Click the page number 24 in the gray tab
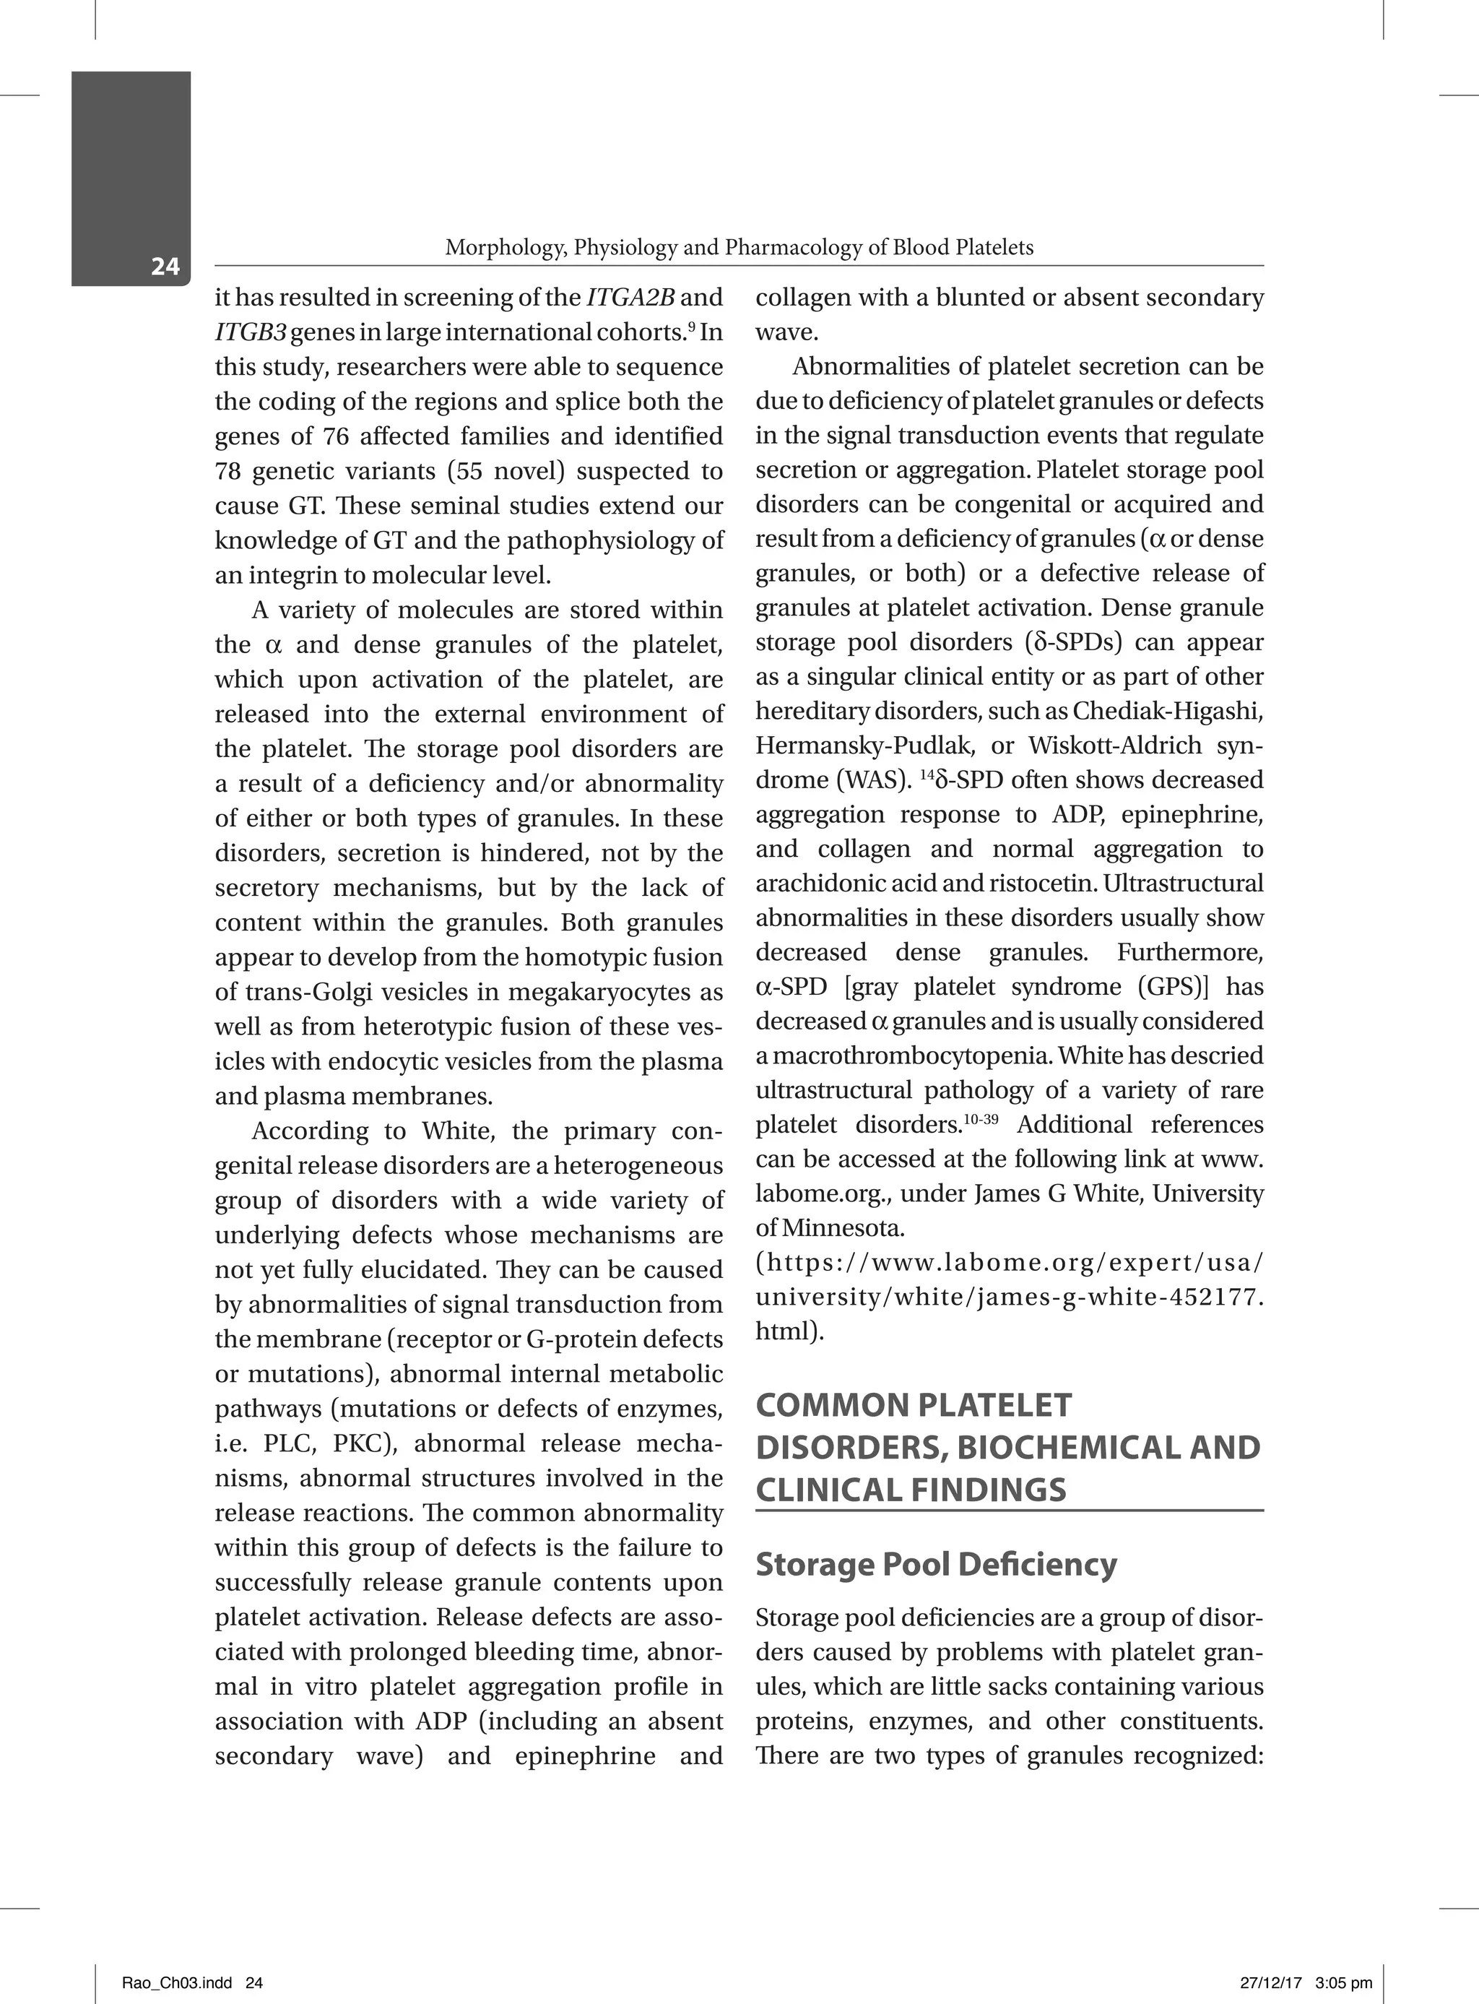tap(165, 266)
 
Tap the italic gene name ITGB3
tap(250, 332)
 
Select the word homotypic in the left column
tap(578, 957)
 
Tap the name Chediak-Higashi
tap(1168, 711)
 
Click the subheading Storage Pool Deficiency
tap(935, 1564)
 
